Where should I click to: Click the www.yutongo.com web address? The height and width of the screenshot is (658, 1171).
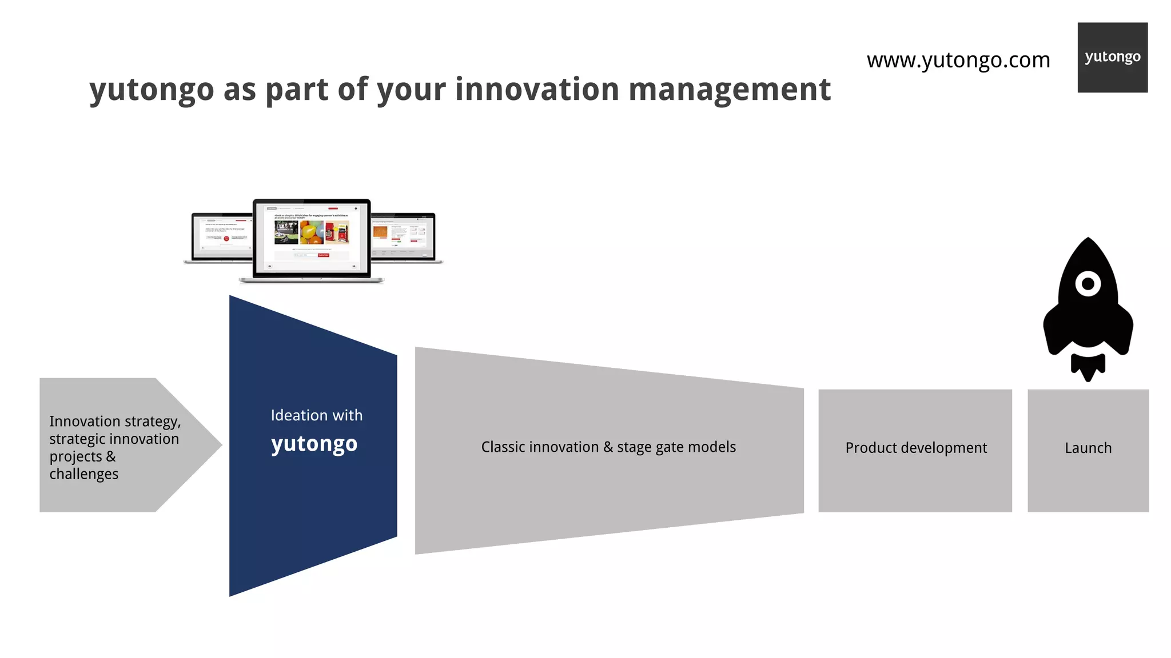click(x=958, y=60)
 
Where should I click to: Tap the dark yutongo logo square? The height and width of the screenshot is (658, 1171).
click(x=1112, y=57)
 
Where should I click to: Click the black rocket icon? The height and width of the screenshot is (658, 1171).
click(x=1088, y=308)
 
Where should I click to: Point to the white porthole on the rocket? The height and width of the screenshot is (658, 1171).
click(x=1088, y=284)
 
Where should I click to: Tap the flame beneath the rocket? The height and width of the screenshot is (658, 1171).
click(x=1088, y=367)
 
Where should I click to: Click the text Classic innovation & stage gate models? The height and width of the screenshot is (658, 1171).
click(x=608, y=447)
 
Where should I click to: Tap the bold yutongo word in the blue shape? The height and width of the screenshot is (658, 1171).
click(x=314, y=444)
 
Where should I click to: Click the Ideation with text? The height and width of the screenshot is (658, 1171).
click(x=316, y=415)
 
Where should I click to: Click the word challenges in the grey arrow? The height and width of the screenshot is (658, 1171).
click(x=83, y=474)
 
